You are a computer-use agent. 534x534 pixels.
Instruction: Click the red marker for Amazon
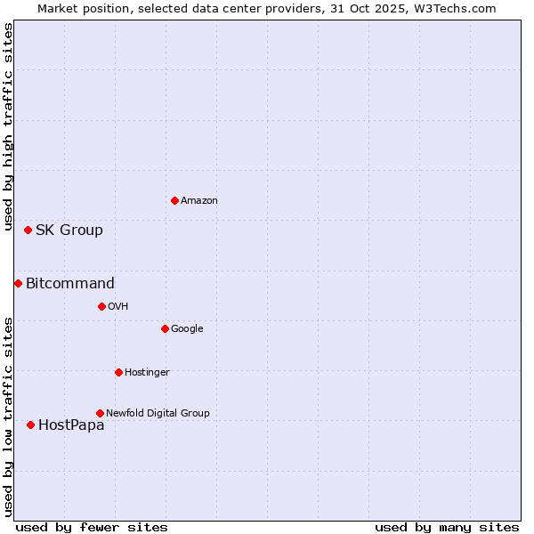(174, 200)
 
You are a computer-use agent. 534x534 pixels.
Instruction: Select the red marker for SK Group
(28, 230)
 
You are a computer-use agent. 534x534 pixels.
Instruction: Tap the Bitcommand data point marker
(18, 283)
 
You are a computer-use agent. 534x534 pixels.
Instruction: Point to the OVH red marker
(101, 306)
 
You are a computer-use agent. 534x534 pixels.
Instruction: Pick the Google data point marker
(165, 328)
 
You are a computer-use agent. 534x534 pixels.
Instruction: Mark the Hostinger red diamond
(118, 372)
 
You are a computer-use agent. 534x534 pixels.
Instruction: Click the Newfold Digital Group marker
(100, 413)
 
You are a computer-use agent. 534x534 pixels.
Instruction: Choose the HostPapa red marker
(30, 425)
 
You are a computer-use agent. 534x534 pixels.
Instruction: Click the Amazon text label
(199, 201)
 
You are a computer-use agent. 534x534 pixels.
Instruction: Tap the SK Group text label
(69, 231)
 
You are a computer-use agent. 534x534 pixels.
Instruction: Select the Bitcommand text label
(70, 284)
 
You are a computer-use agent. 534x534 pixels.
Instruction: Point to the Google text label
(187, 329)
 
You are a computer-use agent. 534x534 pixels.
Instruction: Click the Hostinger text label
(147, 373)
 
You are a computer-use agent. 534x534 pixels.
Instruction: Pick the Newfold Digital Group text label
(158, 414)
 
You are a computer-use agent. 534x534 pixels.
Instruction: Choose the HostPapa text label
(71, 425)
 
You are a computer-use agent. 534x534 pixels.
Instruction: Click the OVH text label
(118, 307)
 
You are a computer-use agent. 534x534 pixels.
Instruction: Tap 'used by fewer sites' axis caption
(92, 527)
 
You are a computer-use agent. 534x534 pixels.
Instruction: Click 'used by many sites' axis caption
(447, 527)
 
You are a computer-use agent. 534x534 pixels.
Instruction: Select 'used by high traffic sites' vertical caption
(8, 128)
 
